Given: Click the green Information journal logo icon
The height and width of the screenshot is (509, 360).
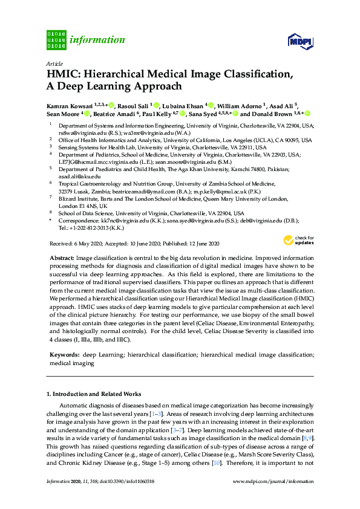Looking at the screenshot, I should [56, 39].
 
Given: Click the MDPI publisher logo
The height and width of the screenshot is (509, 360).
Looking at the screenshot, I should [300, 41].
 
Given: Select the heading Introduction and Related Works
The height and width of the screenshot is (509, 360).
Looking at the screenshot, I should [97, 394].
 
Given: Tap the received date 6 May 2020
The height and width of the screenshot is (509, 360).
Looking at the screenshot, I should [90, 243].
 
